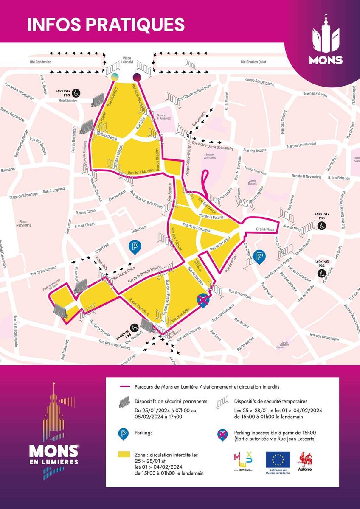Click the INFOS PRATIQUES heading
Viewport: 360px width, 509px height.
[106, 24]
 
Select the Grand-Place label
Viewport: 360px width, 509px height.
[265, 229]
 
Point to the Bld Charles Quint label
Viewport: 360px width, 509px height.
[253, 62]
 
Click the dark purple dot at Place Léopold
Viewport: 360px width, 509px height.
[137, 77]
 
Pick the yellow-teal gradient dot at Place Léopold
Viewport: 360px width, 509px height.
[115, 77]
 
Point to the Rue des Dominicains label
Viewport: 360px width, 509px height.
[301, 145]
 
